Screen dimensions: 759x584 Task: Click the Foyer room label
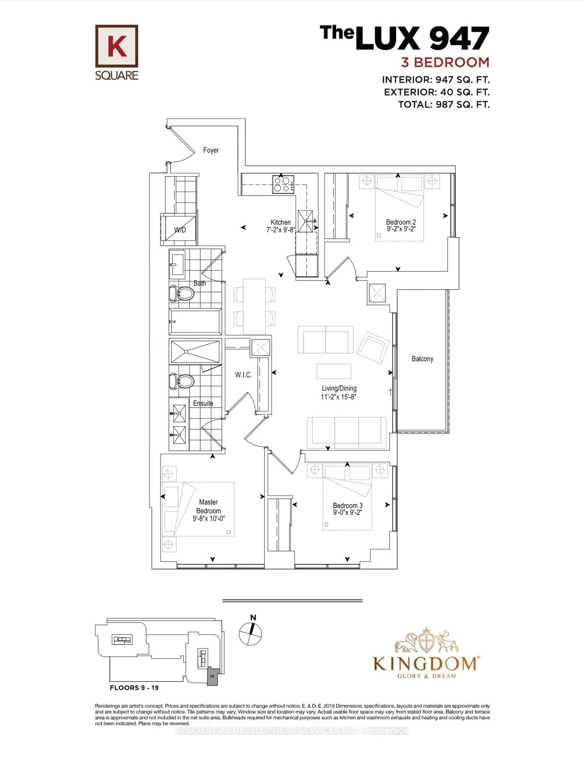click(211, 150)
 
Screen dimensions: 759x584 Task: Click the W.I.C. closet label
click(243, 375)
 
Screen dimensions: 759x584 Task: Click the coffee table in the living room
click(334, 371)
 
